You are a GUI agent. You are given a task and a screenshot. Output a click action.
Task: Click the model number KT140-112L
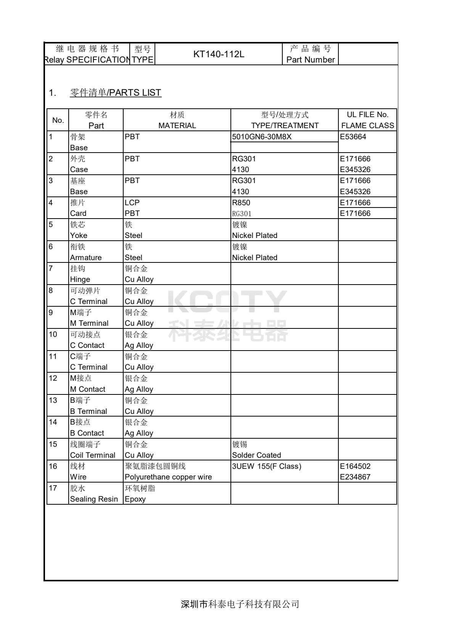[219, 54]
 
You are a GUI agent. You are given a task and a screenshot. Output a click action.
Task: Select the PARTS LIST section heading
[116, 93]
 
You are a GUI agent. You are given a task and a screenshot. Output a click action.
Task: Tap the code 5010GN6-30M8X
[261, 137]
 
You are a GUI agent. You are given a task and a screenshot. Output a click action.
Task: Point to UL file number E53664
[353, 137]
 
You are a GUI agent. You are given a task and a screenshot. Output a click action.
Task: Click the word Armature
[86, 257]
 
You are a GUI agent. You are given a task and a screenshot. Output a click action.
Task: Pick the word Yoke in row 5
[79, 235]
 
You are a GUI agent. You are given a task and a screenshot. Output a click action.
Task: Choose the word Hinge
[80, 279]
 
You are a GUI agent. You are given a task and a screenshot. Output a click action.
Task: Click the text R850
[241, 203]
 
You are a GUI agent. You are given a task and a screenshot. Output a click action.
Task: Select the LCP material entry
[132, 203]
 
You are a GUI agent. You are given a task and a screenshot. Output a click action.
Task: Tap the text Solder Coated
[256, 455]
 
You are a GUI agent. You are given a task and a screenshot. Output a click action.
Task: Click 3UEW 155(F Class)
[266, 466]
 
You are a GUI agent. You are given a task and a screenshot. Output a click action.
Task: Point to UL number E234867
[355, 477]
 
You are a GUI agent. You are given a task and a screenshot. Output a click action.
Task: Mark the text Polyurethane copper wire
[168, 477]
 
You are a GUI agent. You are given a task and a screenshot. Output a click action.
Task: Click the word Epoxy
[135, 499]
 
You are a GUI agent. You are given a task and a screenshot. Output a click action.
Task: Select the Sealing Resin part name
[94, 499]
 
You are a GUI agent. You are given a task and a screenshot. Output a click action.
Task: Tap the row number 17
[53, 488]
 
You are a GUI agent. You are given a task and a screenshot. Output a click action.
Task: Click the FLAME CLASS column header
[367, 126]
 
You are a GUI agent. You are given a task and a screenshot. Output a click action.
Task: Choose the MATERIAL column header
[177, 126]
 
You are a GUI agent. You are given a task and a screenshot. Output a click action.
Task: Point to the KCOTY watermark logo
[227, 301]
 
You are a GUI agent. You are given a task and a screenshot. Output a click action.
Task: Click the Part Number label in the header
[310, 60]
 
